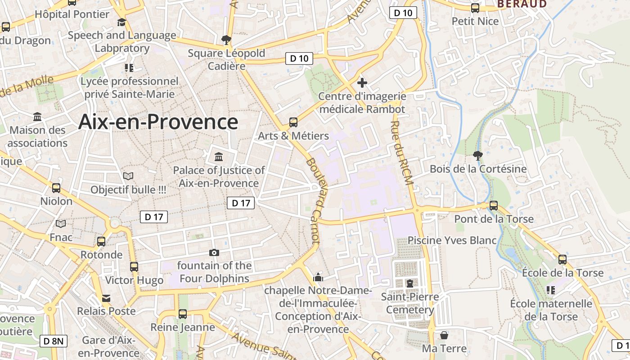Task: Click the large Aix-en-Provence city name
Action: click(x=158, y=122)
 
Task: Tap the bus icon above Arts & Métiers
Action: click(x=293, y=122)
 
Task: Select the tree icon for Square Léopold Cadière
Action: click(x=226, y=40)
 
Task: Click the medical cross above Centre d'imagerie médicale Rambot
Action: click(x=362, y=83)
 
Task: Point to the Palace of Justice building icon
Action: click(x=219, y=157)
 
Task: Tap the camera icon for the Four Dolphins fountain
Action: click(x=214, y=252)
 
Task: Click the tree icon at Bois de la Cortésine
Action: click(x=478, y=156)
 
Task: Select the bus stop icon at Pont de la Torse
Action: click(x=494, y=206)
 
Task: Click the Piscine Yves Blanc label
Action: click(x=452, y=240)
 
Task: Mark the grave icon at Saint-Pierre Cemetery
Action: click(x=409, y=283)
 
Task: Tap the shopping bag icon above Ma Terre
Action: click(x=444, y=335)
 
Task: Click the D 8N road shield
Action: click(x=54, y=341)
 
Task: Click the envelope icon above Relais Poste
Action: click(x=106, y=298)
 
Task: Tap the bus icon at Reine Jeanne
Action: click(x=183, y=314)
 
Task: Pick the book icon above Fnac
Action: click(x=61, y=224)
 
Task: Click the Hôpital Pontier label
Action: click(x=72, y=14)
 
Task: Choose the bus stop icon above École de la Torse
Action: click(x=562, y=259)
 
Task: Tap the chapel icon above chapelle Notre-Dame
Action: click(x=318, y=277)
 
